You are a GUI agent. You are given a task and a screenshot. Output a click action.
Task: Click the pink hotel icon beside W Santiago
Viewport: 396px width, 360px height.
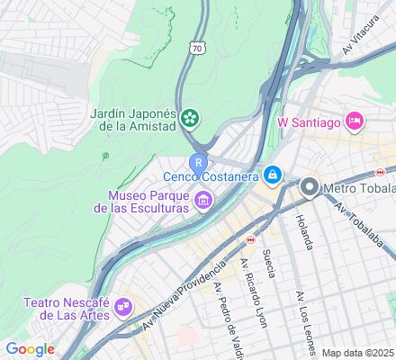point(355,120)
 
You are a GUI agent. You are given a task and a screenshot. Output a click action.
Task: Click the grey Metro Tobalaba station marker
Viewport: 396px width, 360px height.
point(310,188)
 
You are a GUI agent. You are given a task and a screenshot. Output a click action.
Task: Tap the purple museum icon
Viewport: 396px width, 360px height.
point(204,199)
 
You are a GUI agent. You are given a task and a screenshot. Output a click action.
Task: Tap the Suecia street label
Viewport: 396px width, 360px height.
point(268,263)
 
